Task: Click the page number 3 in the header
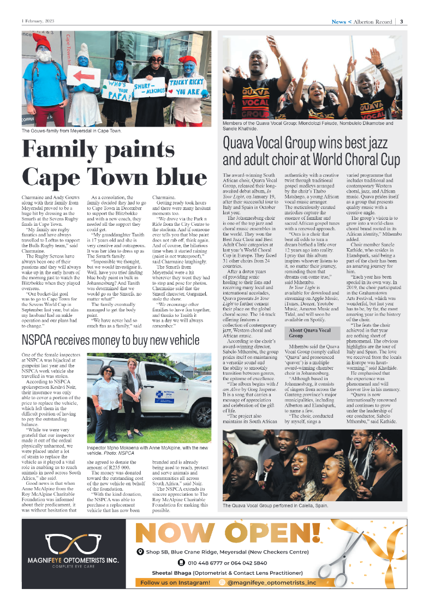401,22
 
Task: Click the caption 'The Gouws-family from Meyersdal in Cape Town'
71,131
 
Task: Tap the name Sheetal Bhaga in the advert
170,573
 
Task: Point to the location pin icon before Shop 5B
141,552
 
